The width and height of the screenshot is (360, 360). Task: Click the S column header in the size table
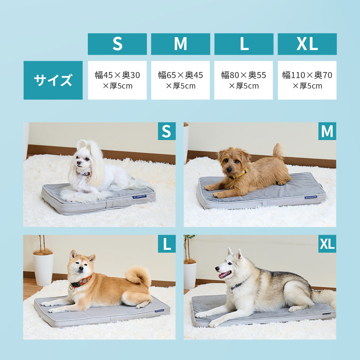[x=117, y=44]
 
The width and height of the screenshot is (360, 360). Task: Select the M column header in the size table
[x=180, y=44]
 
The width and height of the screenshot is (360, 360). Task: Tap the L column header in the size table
[x=244, y=44]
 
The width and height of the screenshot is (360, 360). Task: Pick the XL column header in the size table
[x=307, y=44]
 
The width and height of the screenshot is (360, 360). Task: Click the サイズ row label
[x=53, y=80]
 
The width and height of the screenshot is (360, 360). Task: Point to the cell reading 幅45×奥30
[x=117, y=80]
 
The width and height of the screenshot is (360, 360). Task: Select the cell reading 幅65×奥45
[x=180, y=80]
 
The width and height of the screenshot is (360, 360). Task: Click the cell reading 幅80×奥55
[x=244, y=80]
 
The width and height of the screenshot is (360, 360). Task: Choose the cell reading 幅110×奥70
[x=307, y=80]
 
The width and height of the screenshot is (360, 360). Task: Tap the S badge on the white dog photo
[x=167, y=131]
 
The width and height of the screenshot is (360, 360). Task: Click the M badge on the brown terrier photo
[x=327, y=131]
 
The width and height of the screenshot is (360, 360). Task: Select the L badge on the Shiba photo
[x=167, y=244]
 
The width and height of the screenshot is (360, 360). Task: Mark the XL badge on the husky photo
[x=327, y=244]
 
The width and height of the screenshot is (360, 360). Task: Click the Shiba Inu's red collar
[x=81, y=282]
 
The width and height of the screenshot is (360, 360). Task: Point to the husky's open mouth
[x=225, y=274]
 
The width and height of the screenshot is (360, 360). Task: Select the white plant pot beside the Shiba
[x=43, y=269]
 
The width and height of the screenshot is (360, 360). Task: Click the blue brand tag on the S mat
[x=139, y=197]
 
